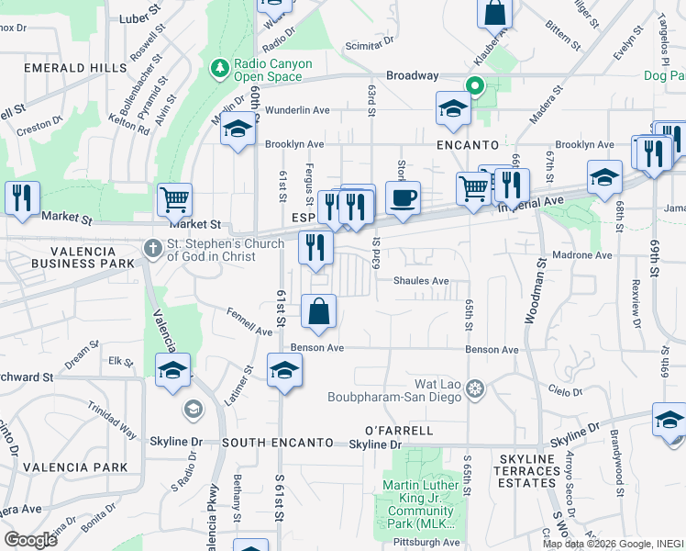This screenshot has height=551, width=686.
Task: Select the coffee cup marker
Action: (x=403, y=197)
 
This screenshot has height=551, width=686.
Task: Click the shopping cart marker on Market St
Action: (x=174, y=198)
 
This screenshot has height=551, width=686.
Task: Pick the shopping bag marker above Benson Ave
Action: (x=318, y=311)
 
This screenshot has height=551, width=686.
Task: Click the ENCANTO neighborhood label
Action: (x=468, y=145)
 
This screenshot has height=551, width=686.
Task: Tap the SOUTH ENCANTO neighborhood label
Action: (x=277, y=443)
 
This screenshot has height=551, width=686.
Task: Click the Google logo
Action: (x=30, y=539)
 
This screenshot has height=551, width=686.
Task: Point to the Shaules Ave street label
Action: (x=422, y=281)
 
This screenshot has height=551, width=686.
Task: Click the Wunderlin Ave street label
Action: (x=297, y=110)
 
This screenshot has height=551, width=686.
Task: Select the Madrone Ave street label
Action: (x=588, y=254)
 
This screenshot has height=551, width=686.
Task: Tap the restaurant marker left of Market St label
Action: (x=19, y=197)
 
